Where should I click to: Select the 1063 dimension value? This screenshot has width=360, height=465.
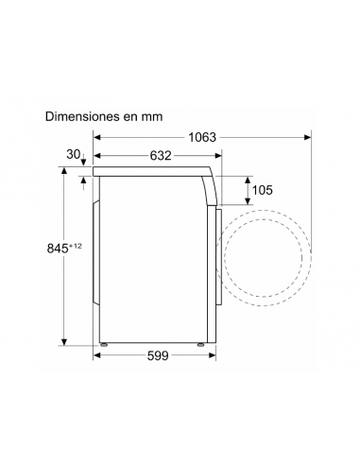tap(201, 137)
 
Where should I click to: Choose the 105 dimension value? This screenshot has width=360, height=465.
tap(262, 190)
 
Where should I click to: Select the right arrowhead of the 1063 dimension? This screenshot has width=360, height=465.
tap(308, 137)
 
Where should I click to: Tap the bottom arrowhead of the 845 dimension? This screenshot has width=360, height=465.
tap(64, 342)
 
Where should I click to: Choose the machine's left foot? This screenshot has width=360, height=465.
tap(106, 344)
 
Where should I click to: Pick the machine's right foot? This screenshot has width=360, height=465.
tap(200, 344)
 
